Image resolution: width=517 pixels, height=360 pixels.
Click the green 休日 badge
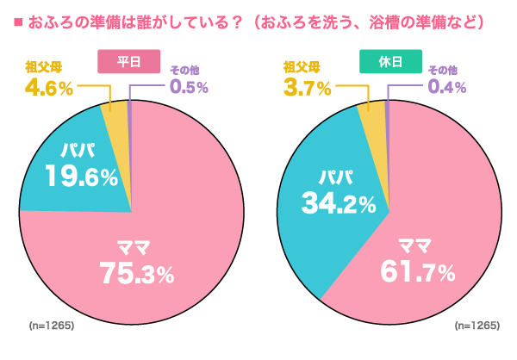(389, 61)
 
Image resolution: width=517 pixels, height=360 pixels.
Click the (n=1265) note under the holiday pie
(477, 326)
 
